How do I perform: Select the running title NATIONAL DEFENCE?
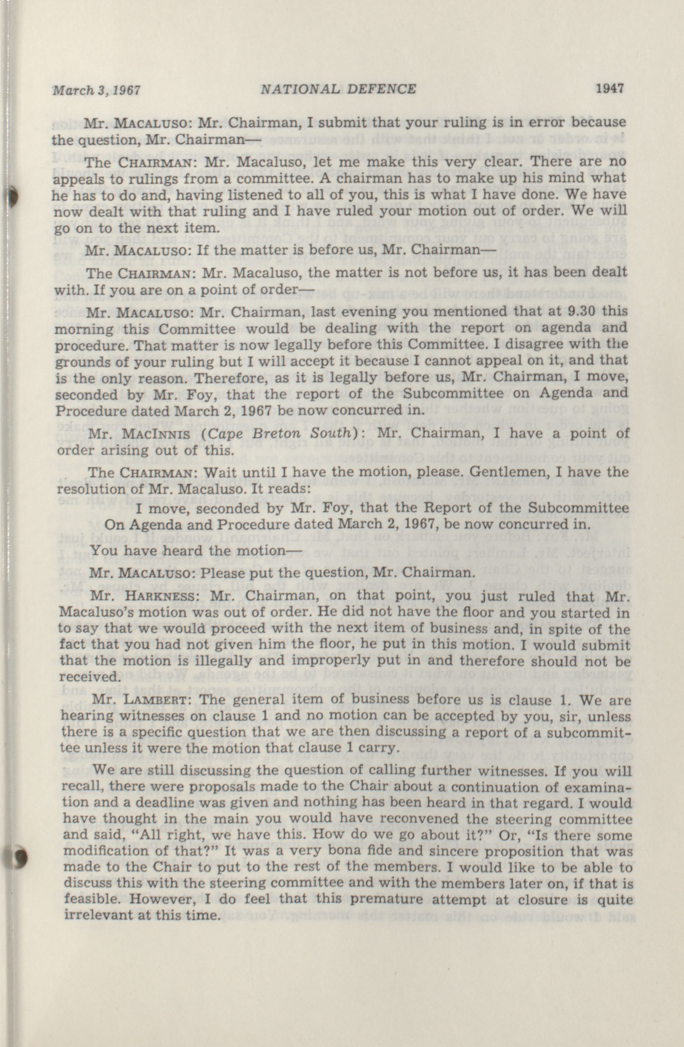pos(338,89)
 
